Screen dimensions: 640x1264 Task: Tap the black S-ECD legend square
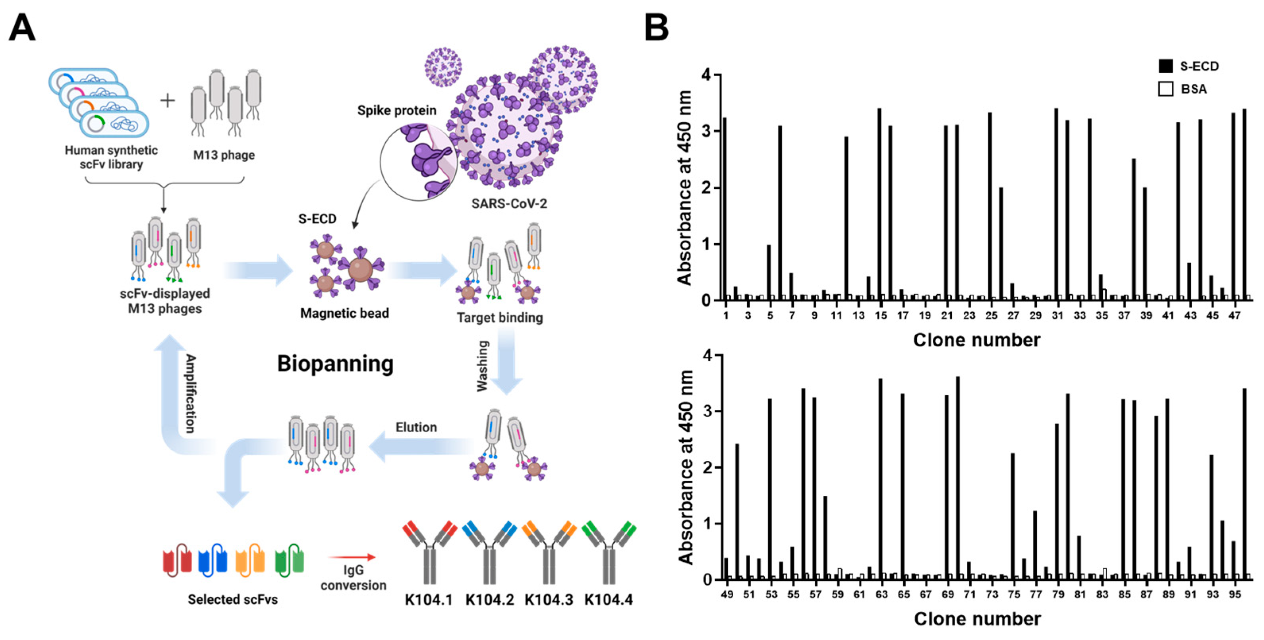tap(1165, 66)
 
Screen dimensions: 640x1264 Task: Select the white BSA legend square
tap(1165, 89)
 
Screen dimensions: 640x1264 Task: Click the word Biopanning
tap(335, 364)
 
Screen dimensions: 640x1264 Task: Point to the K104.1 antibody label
tap(428, 599)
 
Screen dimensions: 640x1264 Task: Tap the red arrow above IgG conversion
tap(352, 557)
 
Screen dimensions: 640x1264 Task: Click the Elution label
tap(416, 427)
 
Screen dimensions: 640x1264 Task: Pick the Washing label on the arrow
tap(482, 365)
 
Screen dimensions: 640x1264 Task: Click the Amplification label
tap(190, 394)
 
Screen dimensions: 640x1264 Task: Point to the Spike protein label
tap(396, 110)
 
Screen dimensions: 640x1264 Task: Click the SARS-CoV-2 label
tap(509, 203)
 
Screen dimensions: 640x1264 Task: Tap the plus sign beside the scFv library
tap(167, 100)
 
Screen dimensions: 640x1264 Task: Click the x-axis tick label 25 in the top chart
tap(991, 315)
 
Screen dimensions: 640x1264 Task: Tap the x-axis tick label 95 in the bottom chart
tap(1235, 594)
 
